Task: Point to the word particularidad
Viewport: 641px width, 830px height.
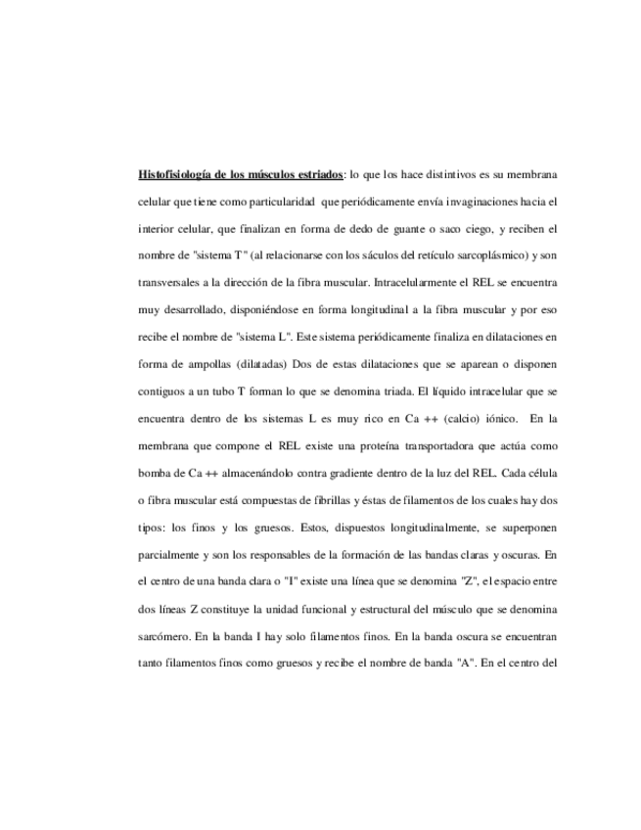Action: tap(277, 203)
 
